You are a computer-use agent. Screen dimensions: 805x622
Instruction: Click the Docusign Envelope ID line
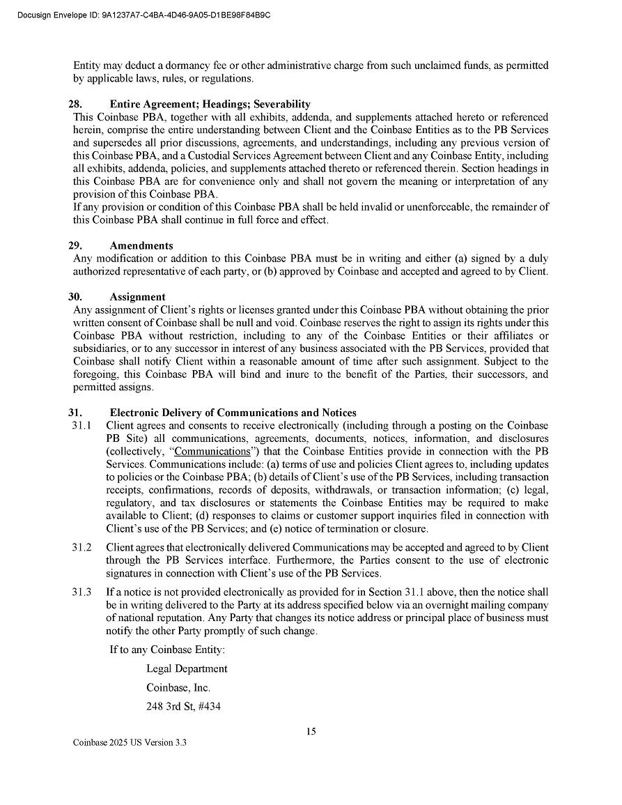click(x=143, y=15)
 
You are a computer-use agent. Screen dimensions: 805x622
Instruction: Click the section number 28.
click(x=75, y=104)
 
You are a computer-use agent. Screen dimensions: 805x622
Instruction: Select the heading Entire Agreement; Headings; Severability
click(x=210, y=104)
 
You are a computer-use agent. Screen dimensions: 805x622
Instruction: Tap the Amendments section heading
click(x=141, y=245)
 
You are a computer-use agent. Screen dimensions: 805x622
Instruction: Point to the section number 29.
click(x=75, y=245)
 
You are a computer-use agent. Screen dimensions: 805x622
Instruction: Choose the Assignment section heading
click(x=137, y=296)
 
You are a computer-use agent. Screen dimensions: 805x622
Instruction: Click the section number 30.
click(x=75, y=296)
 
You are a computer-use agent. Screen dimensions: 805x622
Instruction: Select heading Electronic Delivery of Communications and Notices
click(x=233, y=413)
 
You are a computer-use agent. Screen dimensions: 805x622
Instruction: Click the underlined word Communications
click(x=212, y=451)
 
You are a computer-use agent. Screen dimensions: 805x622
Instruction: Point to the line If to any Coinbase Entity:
click(x=167, y=650)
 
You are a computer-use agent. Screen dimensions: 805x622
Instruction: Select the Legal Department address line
click(x=187, y=668)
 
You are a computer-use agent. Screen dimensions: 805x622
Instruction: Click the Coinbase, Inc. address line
click(x=178, y=687)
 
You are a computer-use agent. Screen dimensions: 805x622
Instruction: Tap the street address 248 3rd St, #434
click(x=183, y=706)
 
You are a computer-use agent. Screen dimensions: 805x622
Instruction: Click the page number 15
click(x=311, y=731)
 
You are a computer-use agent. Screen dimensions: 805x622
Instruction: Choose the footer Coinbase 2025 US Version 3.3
click(x=130, y=743)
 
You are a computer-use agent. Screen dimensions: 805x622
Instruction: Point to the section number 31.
click(x=75, y=413)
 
